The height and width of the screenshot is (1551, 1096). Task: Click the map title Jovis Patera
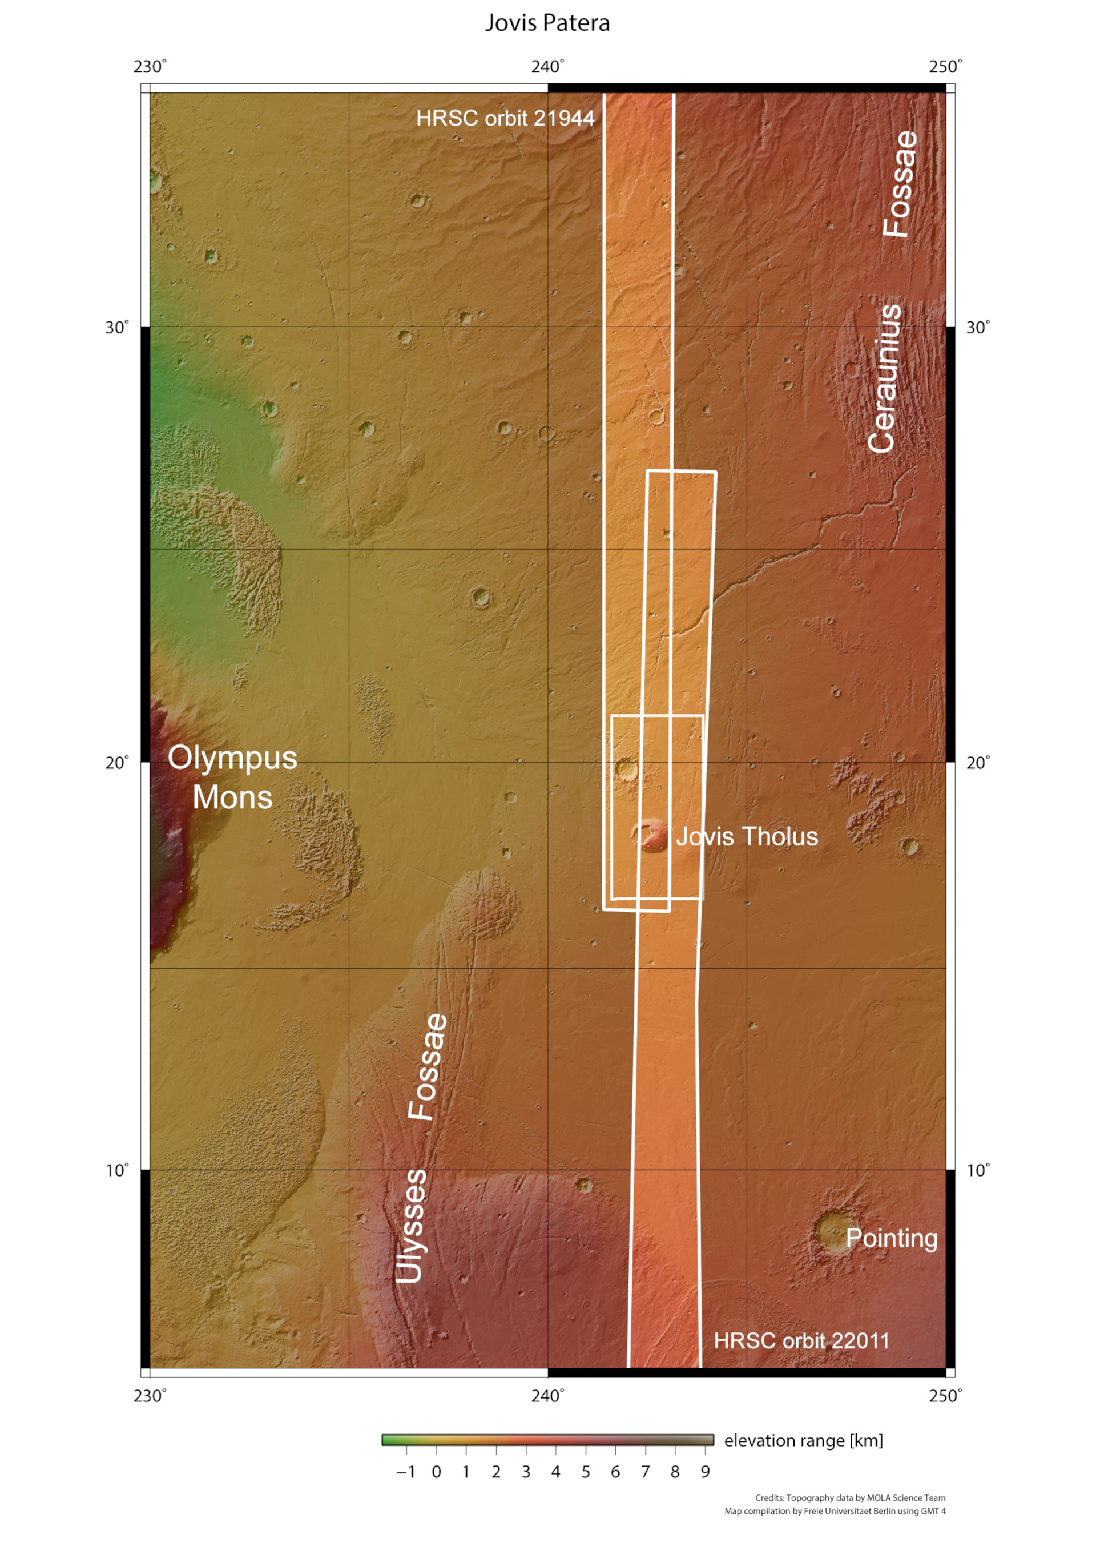coord(547,23)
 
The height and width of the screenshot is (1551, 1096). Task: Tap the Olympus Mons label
coord(232,777)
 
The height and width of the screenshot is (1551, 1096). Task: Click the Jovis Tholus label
coord(747,836)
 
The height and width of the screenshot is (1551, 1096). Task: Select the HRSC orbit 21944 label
coord(505,118)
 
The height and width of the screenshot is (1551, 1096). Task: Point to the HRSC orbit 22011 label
coord(801,1340)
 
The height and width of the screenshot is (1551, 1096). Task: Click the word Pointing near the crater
coord(891,1238)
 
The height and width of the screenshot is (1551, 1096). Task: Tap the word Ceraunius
coord(884,378)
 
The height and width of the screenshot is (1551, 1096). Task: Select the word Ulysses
coord(411,1226)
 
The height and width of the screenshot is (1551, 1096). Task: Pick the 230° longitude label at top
coord(150,67)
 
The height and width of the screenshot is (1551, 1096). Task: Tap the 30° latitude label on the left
coord(116,328)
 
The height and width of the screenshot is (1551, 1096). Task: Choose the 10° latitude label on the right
coord(978,1171)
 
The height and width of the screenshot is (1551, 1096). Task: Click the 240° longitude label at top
coord(547,67)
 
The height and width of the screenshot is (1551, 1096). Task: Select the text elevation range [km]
coord(803,1441)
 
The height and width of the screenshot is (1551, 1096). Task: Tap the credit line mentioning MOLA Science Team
coord(850,1498)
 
